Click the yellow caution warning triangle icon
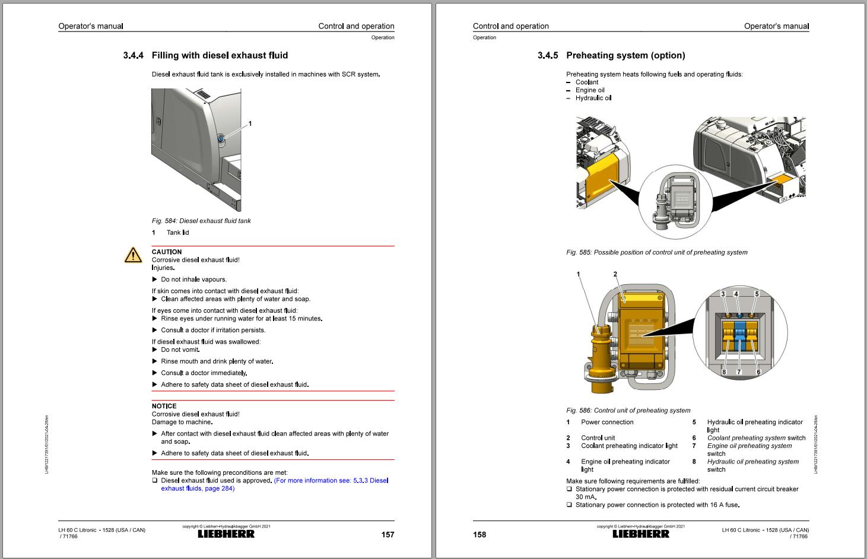134,255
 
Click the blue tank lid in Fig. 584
221,139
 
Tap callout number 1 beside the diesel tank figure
250,123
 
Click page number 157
388,535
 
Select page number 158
479,535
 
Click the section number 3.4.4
133,55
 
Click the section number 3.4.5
548,55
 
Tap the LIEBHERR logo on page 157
226,533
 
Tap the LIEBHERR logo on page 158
641,533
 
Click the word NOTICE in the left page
164,406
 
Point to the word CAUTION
167,252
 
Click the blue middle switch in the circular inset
739,336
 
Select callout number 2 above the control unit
615,274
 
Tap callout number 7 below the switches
739,372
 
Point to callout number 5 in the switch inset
757,294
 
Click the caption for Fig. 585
656,252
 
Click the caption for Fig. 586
628,410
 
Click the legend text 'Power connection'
607,422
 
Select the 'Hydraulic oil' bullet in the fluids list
593,98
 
